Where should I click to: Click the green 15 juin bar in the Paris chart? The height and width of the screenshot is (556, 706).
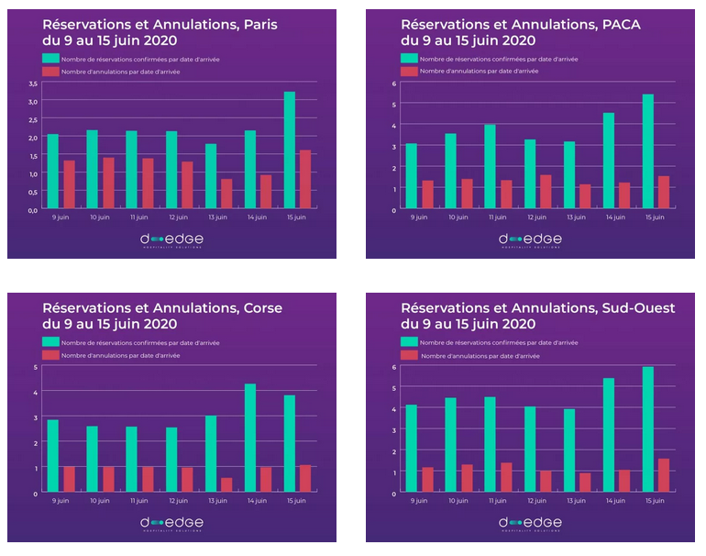pyautogui.click(x=290, y=150)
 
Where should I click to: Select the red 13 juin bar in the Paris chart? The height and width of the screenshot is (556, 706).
pyautogui.click(x=226, y=195)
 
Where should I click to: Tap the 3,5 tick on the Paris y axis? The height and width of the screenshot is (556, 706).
pyautogui.click(x=33, y=83)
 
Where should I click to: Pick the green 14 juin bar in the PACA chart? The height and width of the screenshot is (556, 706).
pyautogui.click(x=609, y=161)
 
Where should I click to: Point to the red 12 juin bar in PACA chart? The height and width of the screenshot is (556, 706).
pyautogui.click(x=546, y=193)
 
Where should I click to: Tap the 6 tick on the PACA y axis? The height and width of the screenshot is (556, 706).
pyautogui.click(x=393, y=83)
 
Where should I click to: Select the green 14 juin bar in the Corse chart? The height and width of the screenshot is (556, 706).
pyautogui.click(x=250, y=439)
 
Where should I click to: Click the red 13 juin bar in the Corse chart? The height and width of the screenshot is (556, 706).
pyautogui.click(x=226, y=485)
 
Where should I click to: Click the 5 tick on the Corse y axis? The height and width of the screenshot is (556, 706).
pyautogui.click(x=35, y=367)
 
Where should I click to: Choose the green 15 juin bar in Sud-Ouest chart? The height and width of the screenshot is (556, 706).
pyautogui.click(x=648, y=430)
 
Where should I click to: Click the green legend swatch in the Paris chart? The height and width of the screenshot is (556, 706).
pyautogui.click(x=51, y=58)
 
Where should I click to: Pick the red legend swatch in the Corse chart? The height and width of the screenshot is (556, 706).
pyautogui.click(x=51, y=354)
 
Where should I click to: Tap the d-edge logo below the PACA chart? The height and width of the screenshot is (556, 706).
pyautogui.click(x=530, y=239)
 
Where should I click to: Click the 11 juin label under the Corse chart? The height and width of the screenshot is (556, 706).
pyautogui.click(x=139, y=501)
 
